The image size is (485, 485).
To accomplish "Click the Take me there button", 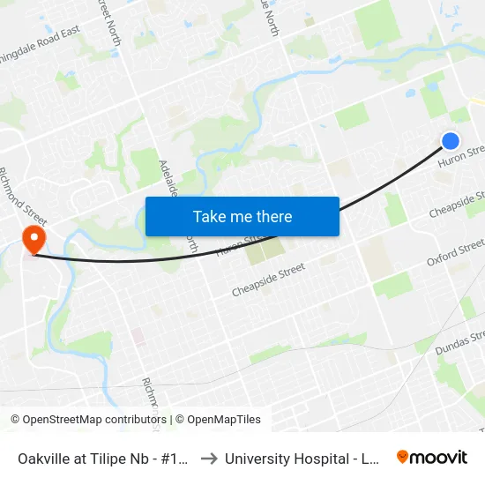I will click(x=242, y=216).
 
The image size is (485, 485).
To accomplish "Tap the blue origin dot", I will click(x=451, y=140).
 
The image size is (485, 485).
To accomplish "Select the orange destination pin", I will click(x=34, y=239).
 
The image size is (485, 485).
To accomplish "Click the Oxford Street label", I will click(x=455, y=251).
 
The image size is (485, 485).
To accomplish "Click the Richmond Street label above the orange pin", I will click(x=22, y=192).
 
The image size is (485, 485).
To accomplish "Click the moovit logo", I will click(x=431, y=458).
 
